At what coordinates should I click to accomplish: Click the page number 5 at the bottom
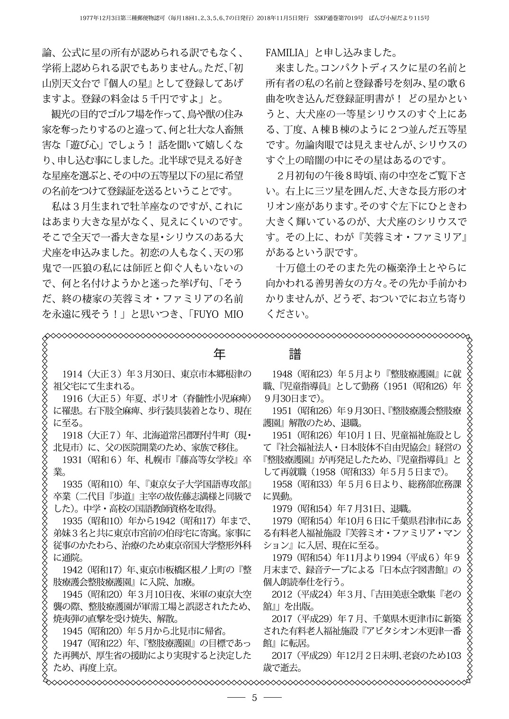click(x=254, y=697)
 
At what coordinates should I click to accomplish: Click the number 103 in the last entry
click(x=453, y=656)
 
